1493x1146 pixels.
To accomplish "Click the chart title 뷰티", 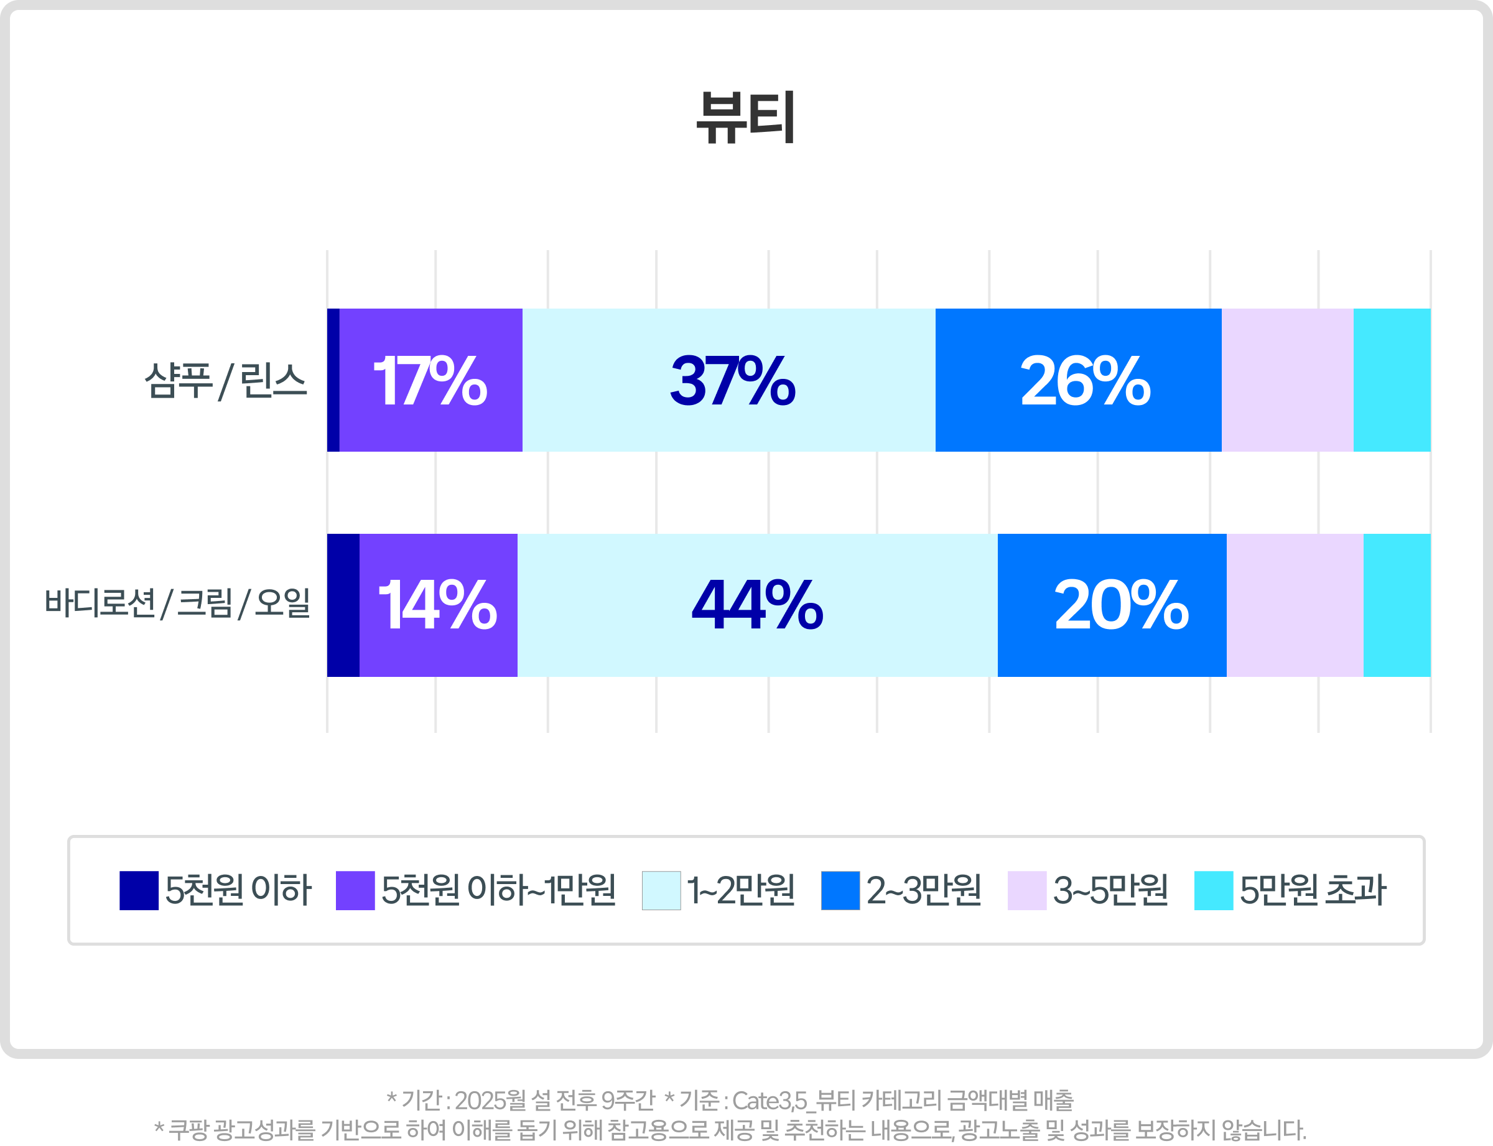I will [745, 118].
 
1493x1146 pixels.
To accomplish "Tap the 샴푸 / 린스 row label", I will [225, 381].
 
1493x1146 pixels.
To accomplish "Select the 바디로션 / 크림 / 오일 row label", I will [177, 603].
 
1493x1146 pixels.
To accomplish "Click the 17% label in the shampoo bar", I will [430, 381].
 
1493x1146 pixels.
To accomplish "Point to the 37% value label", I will [732, 381].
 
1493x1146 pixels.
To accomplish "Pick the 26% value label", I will [1085, 381].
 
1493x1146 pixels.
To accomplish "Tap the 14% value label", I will [437, 604].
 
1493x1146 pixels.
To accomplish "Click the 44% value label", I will [757, 604].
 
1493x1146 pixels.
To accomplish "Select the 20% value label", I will [1121, 604].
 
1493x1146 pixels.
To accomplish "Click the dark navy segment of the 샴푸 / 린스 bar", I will [333, 380].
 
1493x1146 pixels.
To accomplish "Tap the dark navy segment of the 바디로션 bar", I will [343, 605].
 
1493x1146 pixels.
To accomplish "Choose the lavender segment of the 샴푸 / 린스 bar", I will [1287, 380].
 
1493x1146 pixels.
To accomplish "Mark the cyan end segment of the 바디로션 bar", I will [1396, 605].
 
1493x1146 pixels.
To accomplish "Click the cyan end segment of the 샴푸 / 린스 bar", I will [1392, 380].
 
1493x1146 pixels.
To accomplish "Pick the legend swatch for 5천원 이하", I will [139, 890].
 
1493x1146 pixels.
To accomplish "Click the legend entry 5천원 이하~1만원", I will [498, 890].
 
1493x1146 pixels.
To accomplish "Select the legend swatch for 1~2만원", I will [661, 890].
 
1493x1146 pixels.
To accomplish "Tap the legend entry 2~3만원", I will [924, 890].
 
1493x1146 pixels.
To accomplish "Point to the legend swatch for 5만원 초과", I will [1213, 890].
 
